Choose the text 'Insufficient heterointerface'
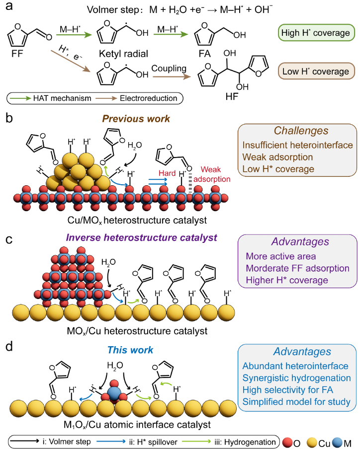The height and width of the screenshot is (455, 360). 297,145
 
